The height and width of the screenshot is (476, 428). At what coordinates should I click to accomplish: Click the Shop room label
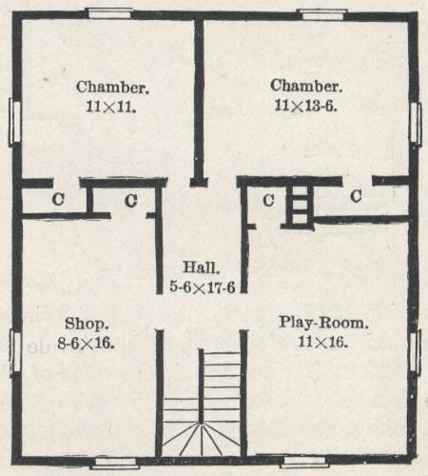coord(87,324)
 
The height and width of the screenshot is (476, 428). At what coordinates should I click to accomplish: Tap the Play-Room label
coord(323,323)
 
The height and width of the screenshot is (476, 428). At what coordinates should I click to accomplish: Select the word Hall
coord(201,268)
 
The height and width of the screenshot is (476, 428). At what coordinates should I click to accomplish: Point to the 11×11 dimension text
coord(111,107)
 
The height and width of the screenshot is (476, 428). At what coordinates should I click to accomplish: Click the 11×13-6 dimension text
coord(305,106)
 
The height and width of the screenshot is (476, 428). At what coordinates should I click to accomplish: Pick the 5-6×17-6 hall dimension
coord(203,288)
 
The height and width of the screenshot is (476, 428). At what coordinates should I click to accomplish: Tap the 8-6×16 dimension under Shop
coord(86,343)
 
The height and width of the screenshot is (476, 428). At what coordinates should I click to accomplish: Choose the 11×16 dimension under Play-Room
coord(323,342)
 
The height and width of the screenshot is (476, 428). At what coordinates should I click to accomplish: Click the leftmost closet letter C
coord(58,199)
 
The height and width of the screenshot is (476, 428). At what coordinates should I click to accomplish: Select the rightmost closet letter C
coord(356,196)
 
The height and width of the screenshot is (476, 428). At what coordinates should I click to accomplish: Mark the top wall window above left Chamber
coord(109,13)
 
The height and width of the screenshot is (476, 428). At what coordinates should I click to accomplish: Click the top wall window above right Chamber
coord(321,14)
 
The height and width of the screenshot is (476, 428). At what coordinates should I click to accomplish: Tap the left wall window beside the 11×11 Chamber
coord(14,122)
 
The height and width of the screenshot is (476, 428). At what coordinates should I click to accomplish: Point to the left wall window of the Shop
coord(15,351)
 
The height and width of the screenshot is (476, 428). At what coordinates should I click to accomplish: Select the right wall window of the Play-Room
coord(416,351)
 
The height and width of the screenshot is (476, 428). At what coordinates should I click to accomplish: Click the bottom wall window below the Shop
coord(114,463)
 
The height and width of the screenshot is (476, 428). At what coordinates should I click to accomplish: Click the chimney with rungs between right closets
coord(300,206)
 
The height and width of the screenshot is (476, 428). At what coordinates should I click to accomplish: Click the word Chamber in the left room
coord(112,87)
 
